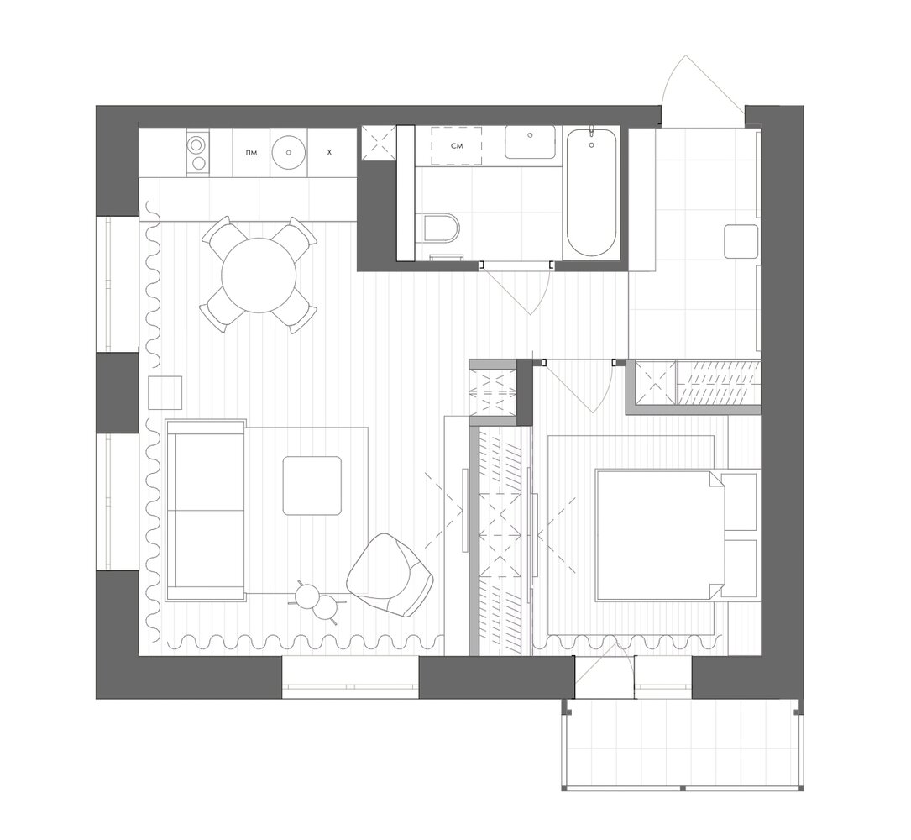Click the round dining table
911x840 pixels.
(x=259, y=275)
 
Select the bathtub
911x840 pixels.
(x=591, y=192)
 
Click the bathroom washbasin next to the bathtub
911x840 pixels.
(x=530, y=142)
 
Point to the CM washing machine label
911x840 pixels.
(x=457, y=146)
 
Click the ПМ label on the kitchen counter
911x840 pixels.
(x=252, y=153)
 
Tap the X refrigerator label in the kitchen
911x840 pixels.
(x=329, y=152)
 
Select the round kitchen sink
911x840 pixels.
(x=289, y=152)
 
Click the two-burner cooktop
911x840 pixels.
(x=197, y=152)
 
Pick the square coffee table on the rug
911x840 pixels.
(x=312, y=486)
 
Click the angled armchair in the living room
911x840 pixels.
(x=390, y=575)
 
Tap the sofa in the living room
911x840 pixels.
(x=205, y=510)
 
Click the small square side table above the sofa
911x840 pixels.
(x=165, y=392)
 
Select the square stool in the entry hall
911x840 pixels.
(x=741, y=242)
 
